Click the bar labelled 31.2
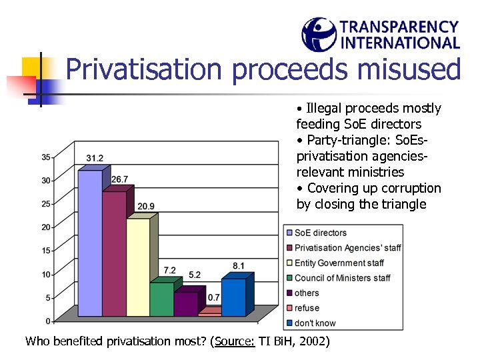pyautogui.click(x=89, y=243)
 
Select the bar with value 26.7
pyautogui.click(x=113, y=253)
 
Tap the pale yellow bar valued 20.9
pyautogui.click(x=137, y=267)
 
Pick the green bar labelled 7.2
pyautogui.click(x=161, y=299)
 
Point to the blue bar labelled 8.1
pyautogui.click(x=233, y=297)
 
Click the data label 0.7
pyautogui.click(x=213, y=297)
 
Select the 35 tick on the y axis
pyautogui.click(x=46, y=157)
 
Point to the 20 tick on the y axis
pyautogui.click(x=46, y=227)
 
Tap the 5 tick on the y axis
pyautogui.click(x=48, y=297)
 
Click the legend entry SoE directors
pyautogui.click(x=320, y=233)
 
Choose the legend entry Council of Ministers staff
pyautogui.click(x=342, y=278)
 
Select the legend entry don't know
pyautogui.click(x=315, y=323)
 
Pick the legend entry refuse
pyautogui.click(x=307, y=308)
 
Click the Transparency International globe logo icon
pyautogui.click(x=319, y=35)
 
